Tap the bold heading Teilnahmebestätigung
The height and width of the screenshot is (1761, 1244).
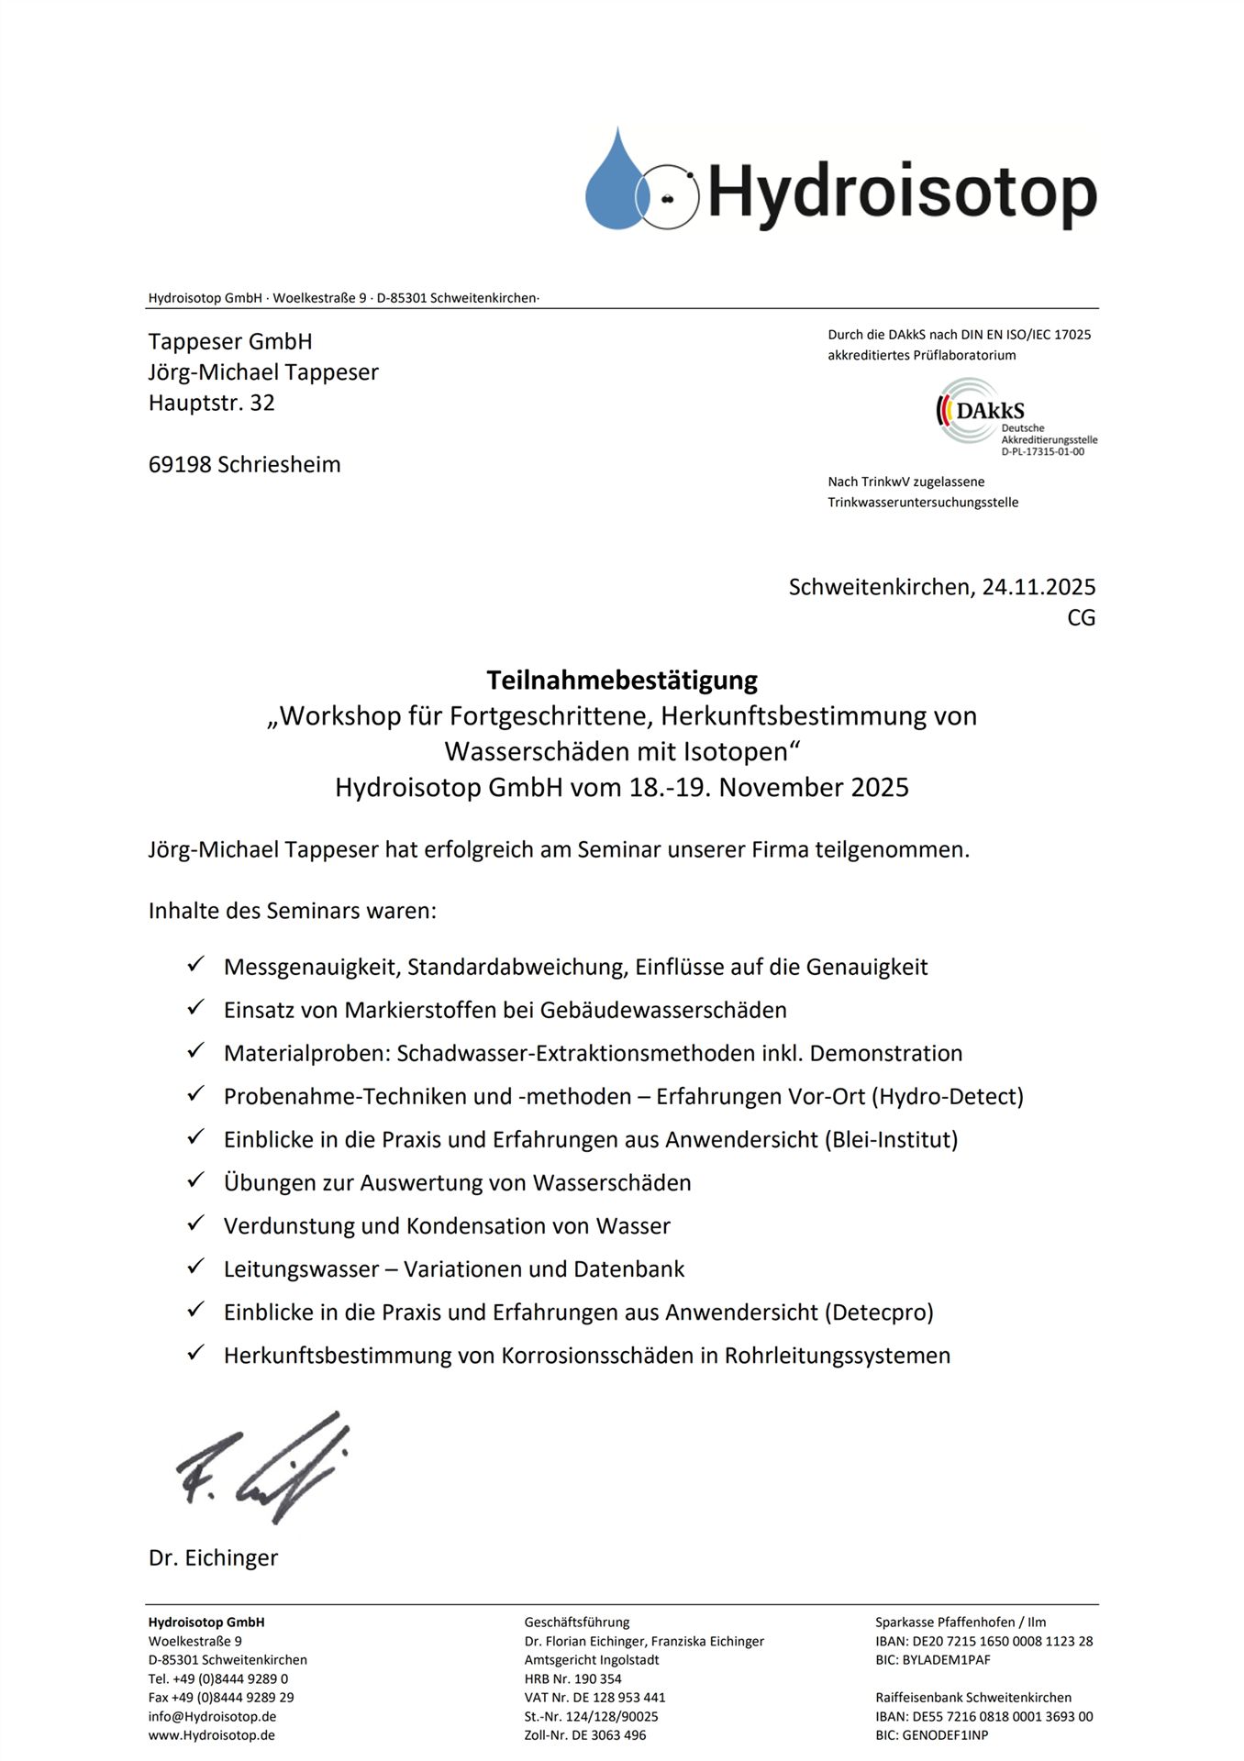click(x=622, y=681)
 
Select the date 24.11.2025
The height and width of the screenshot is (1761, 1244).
click(x=1039, y=587)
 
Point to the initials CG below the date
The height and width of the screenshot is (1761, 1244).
click(x=1081, y=618)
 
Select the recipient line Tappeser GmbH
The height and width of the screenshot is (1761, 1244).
click(x=230, y=342)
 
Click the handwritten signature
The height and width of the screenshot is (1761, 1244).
click(x=265, y=1467)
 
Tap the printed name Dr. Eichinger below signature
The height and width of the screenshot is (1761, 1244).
click(x=213, y=1558)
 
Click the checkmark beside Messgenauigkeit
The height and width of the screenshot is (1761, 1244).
click(x=195, y=965)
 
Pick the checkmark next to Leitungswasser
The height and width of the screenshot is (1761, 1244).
click(x=195, y=1267)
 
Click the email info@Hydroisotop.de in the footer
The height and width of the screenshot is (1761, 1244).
click(x=212, y=1716)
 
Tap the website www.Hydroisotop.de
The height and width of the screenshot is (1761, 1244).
click(x=212, y=1735)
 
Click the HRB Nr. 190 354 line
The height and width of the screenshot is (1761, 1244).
click(x=572, y=1678)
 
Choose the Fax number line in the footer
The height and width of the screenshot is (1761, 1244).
click(x=221, y=1698)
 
